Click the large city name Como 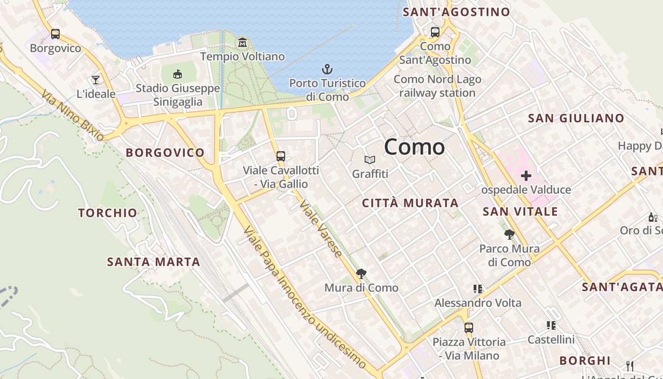tap(414, 147)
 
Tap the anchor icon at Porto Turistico tap(327, 70)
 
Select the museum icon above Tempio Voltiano tap(242, 43)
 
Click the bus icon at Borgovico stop tap(55, 34)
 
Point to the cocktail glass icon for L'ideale tap(96, 80)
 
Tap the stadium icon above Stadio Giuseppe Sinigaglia tap(178, 74)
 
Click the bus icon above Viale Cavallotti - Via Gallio tap(281, 156)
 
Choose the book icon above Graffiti tap(370, 160)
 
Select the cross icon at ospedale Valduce tap(526, 176)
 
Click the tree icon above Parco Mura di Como tap(510, 235)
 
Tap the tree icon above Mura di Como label tap(361, 274)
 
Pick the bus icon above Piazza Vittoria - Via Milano tap(468, 327)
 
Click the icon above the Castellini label tap(551, 325)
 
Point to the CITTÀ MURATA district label tap(410, 203)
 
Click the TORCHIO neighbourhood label tap(108, 213)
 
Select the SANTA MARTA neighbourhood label tap(153, 262)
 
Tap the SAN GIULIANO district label tap(576, 118)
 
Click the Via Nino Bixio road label tap(72, 115)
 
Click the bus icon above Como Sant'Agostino tap(435, 32)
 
